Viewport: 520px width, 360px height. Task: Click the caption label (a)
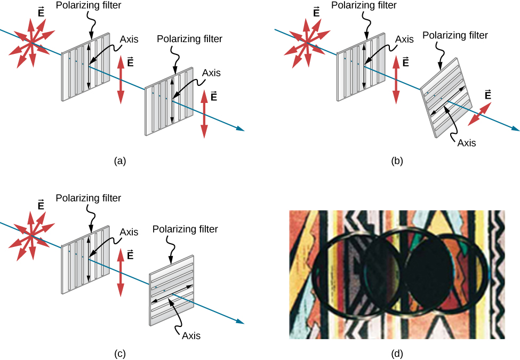click(119, 159)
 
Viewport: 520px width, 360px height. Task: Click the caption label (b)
click(396, 159)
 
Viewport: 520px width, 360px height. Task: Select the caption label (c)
click(119, 353)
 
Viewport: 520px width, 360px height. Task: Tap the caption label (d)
click(396, 353)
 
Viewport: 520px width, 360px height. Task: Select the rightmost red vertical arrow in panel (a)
click(204, 115)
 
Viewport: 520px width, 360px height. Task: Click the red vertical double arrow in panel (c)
click(120, 272)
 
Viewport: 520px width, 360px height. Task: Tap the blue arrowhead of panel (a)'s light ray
click(242, 129)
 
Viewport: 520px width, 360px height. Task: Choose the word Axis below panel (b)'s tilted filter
click(464, 142)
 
